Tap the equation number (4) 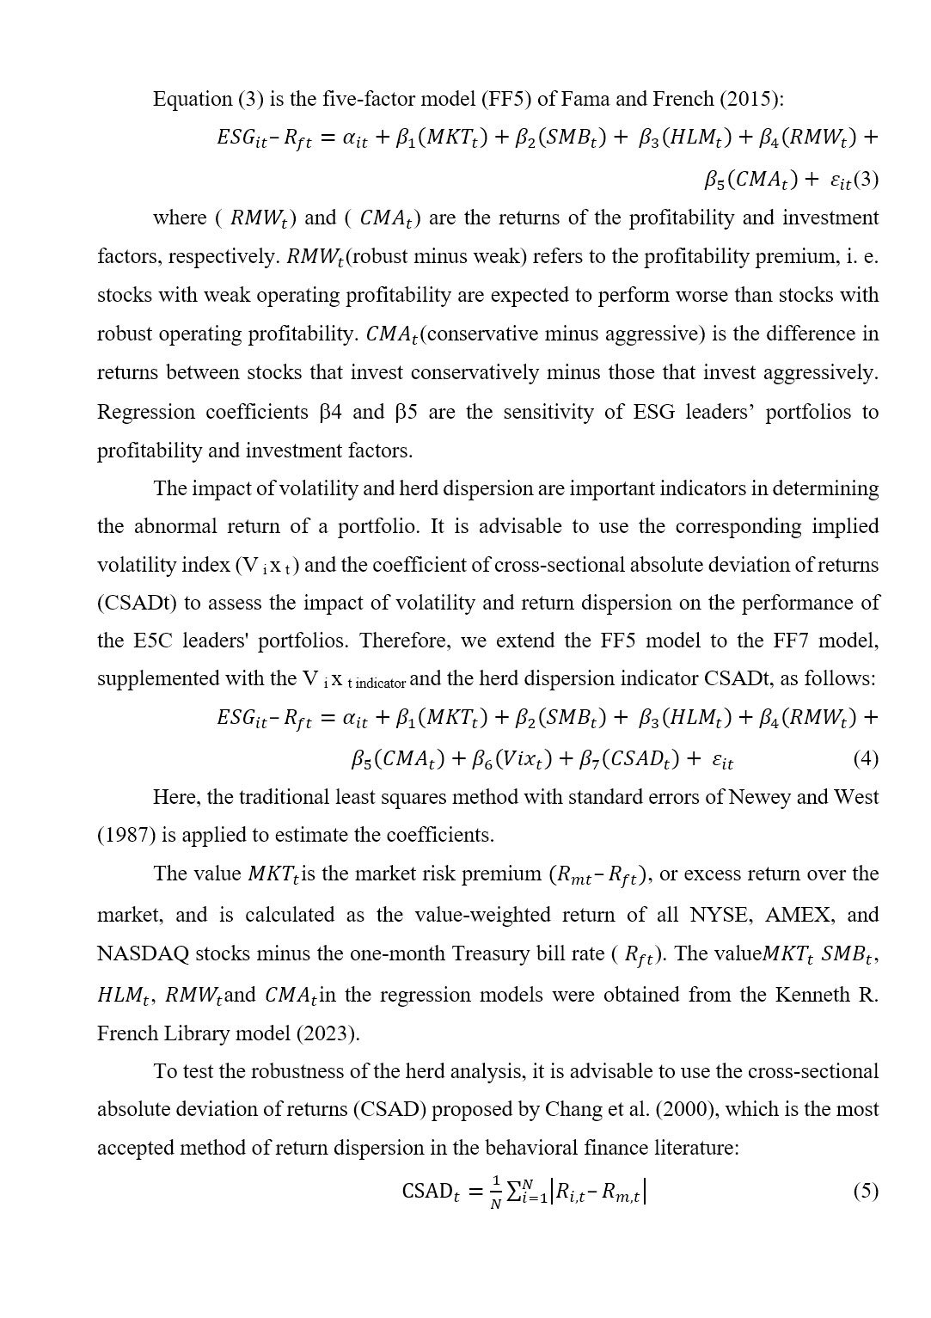click(865, 758)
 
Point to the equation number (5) click(865, 1191)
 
